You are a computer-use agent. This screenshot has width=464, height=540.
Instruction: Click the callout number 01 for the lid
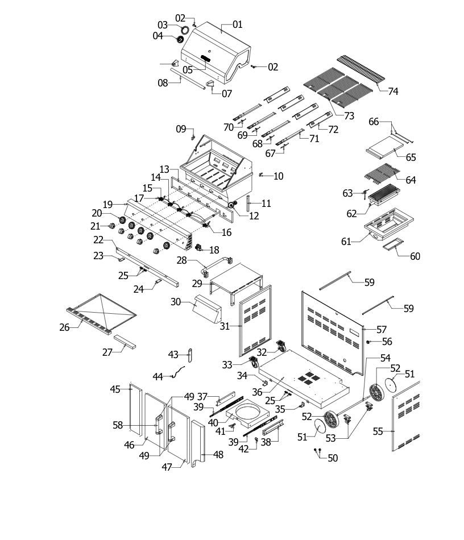tap(237, 24)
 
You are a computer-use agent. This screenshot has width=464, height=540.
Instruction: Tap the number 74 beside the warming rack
tap(393, 92)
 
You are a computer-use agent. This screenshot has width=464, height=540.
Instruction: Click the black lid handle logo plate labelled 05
tap(205, 58)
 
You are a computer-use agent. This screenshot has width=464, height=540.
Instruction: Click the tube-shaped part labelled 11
tap(248, 203)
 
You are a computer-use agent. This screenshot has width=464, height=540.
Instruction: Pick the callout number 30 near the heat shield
tap(176, 302)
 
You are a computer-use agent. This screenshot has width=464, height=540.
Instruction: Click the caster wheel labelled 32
tap(281, 346)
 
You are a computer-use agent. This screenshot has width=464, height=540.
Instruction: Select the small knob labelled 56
tap(368, 342)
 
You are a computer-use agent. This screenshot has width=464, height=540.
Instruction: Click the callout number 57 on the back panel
tap(382, 330)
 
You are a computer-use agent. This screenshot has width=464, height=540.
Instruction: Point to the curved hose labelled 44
tap(178, 372)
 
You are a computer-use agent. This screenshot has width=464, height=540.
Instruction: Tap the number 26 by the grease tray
tap(64, 327)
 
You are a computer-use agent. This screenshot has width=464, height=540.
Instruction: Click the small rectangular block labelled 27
tap(125, 341)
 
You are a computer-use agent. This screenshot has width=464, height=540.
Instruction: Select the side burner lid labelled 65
tap(384, 147)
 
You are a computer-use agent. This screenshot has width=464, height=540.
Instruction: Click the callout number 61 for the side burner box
tap(346, 242)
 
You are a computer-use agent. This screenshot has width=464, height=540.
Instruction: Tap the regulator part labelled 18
tap(198, 248)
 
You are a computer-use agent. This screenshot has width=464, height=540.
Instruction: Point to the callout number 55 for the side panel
tap(378, 431)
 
